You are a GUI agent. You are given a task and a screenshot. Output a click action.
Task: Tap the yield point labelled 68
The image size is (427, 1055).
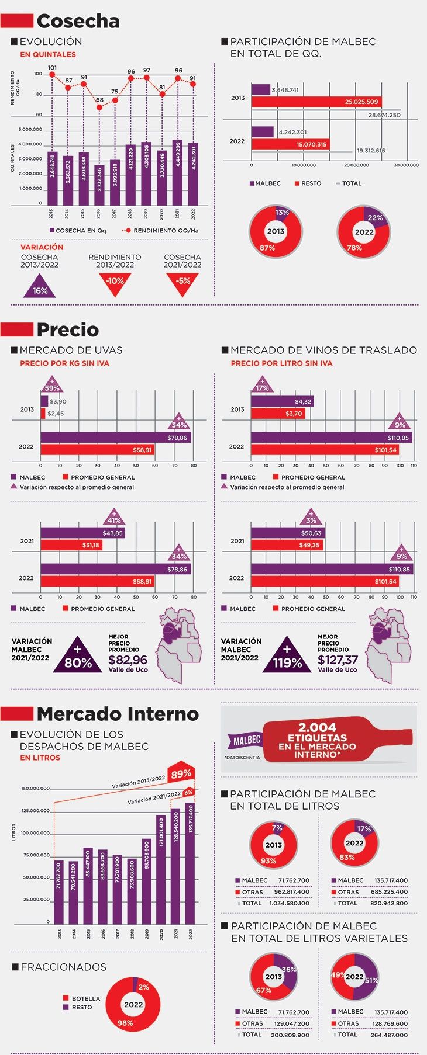pos(99,107)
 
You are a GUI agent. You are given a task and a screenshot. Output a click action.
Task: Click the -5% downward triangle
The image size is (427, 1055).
pos(182,283)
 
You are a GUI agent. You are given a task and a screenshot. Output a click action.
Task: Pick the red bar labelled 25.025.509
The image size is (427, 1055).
pos(316,102)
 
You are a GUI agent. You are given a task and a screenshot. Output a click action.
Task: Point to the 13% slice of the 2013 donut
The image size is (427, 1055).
pos(282,213)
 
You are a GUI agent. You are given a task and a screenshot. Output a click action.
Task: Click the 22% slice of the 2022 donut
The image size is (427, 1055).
pos(375,217)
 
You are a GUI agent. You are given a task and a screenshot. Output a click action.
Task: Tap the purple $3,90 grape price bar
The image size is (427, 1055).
pos(44,401)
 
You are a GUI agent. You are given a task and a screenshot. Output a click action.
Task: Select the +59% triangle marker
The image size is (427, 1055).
pos(52,386)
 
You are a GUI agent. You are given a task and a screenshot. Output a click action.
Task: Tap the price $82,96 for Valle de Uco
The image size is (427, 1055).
pos(128,660)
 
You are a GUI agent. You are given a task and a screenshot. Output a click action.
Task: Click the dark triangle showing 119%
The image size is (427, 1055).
pos(287,657)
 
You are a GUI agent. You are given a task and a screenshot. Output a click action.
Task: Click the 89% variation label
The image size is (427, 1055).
pos(181,774)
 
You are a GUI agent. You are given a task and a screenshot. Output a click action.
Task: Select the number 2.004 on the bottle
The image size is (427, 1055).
pos(317,727)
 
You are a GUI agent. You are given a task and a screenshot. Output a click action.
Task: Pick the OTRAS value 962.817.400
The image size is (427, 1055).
pos(291,892)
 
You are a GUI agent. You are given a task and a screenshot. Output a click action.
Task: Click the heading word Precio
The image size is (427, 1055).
pos(68,329)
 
